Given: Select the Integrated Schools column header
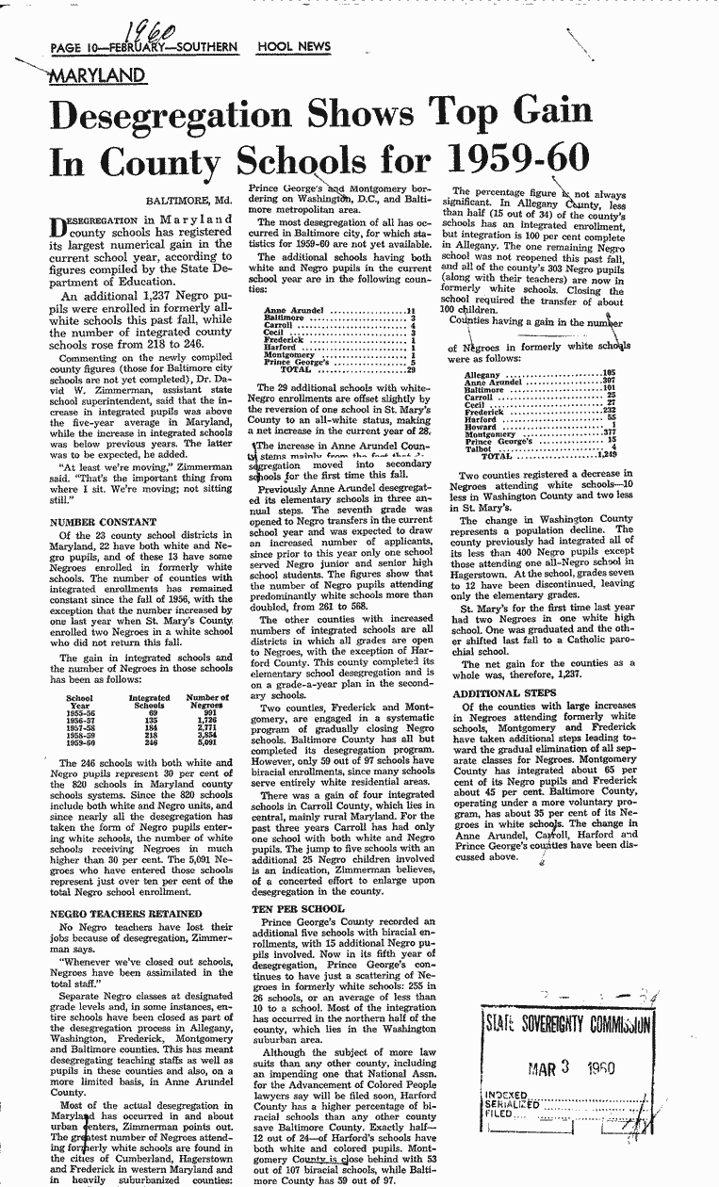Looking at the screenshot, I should point(149,702).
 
